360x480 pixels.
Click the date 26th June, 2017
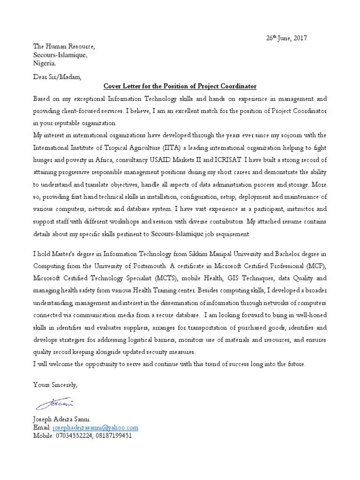point(285,38)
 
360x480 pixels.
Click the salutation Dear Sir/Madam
point(57,76)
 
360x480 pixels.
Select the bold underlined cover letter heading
point(180,86)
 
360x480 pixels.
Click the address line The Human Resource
point(63,47)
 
